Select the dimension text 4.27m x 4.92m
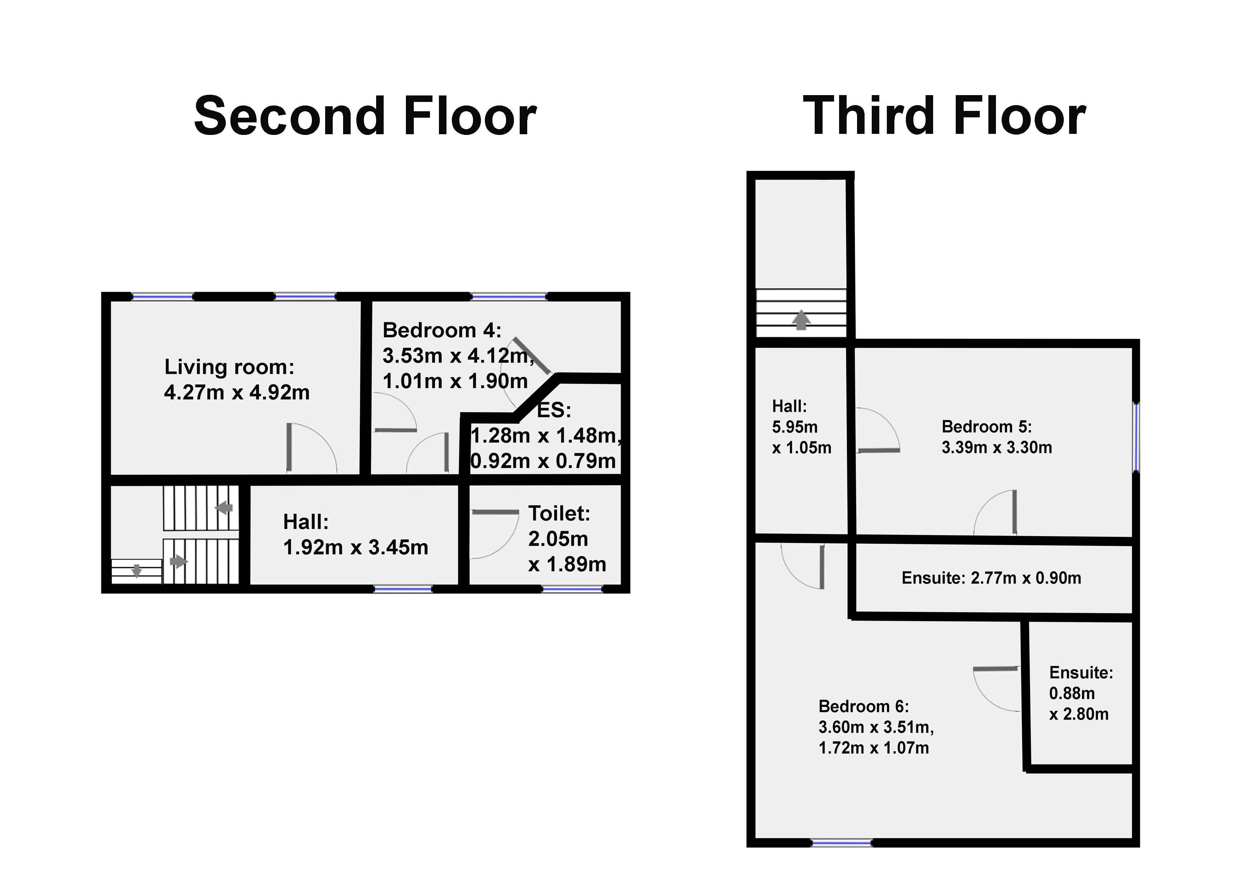tap(237, 393)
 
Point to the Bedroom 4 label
tap(442, 330)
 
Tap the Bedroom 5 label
tap(987, 427)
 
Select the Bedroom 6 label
tap(863, 706)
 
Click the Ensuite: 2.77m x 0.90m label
tap(991, 578)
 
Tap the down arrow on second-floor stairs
tap(136, 571)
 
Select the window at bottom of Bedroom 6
tap(841, 843)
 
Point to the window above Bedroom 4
tap(509, 297)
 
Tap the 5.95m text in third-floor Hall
tap(795, 427)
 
